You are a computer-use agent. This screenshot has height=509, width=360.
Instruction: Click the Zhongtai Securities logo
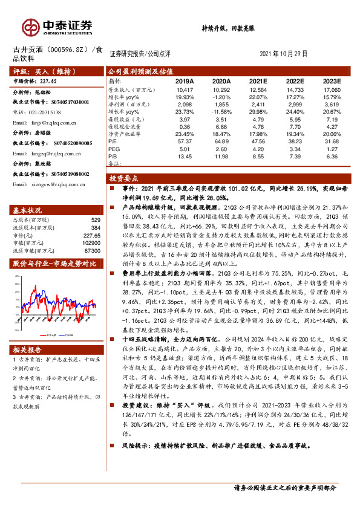point(58,27)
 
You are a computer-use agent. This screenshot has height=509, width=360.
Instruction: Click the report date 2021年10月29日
point(287,53)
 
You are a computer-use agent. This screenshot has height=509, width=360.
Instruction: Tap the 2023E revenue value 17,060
point(330,89)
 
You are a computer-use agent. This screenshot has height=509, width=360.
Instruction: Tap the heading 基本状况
point(27,211)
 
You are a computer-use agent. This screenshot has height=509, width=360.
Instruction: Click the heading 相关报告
point(27,351)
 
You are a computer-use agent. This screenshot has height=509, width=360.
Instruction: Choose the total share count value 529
point(95,220)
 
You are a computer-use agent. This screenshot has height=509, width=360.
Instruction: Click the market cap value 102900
point(91,241)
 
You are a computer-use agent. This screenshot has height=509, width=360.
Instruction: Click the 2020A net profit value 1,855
point(221,105)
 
